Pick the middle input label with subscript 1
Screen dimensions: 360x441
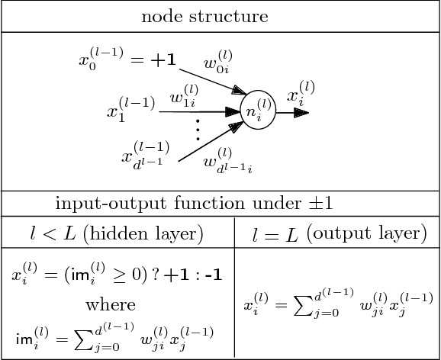130,110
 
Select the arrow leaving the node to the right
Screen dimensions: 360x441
292,113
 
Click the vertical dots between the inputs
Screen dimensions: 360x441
196,130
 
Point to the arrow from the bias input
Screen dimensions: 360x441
209,79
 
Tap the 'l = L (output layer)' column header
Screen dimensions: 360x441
339,233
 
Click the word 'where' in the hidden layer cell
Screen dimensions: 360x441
116,306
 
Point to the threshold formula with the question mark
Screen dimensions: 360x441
116,274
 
